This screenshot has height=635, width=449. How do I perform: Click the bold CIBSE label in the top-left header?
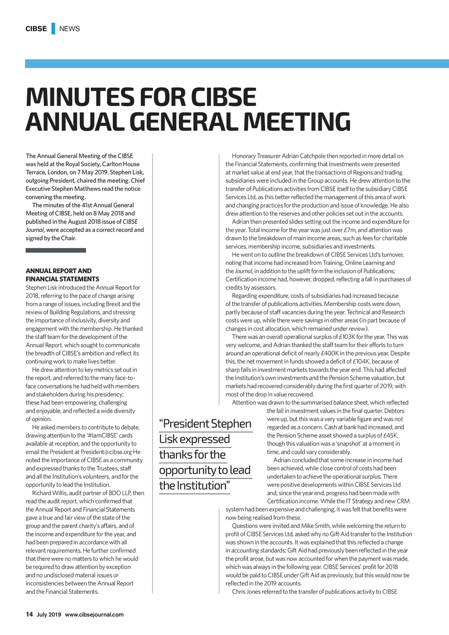[36, 29]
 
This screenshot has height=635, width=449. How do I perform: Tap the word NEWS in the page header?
[69, 29]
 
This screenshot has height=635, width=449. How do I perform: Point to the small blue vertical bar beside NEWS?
[53, 29]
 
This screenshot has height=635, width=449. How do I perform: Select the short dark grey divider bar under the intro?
[56, 250]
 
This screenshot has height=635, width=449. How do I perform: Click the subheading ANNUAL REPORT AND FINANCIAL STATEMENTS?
[62, 275]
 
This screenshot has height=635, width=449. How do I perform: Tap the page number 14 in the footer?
[29, 614]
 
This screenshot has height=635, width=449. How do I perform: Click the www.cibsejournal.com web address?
[94, 614]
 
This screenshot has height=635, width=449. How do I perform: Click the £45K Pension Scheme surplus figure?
[390, 435]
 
